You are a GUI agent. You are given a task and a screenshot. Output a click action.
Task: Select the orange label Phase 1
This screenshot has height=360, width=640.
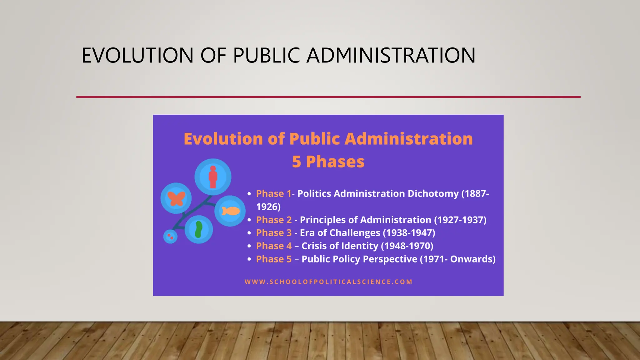[x=273, y=194]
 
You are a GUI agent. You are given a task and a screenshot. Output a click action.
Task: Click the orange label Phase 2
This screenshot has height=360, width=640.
[x=274, y=220]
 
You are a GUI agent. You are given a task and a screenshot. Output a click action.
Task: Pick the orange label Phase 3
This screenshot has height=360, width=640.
[x=274, y=233]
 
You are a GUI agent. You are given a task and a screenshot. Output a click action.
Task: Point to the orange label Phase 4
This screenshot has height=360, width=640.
[x=274, y=246]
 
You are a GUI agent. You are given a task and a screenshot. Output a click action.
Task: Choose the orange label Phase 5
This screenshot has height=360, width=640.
[x=274, y=259]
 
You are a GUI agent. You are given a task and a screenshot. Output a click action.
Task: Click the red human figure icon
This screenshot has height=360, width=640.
[x=213, y=177]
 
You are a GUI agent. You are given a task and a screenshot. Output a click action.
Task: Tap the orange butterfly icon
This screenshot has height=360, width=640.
[x=176, y=198]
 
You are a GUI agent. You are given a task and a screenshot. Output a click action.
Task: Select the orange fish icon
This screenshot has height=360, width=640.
[x=231, y=211]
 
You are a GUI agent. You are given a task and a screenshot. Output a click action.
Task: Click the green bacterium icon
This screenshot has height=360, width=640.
[x=198, y=230]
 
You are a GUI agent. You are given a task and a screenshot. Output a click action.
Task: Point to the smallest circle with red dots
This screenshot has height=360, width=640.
[x=170, y=236]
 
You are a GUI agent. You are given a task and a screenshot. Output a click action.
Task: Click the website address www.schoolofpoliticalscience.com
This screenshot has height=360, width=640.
[x=328, y=282]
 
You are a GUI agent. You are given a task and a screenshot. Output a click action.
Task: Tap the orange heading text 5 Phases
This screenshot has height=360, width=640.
[x=328, y=162]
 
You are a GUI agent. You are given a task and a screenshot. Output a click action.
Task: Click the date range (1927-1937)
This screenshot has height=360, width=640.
[x=460, y=220]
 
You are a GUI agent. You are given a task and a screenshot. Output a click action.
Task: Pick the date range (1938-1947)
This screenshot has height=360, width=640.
[x=409, y=233]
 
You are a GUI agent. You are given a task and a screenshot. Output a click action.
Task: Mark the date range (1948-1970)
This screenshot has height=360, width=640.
[x=407, y=246]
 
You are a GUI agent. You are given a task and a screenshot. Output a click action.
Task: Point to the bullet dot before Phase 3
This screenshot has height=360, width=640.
[x=249, y=233]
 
